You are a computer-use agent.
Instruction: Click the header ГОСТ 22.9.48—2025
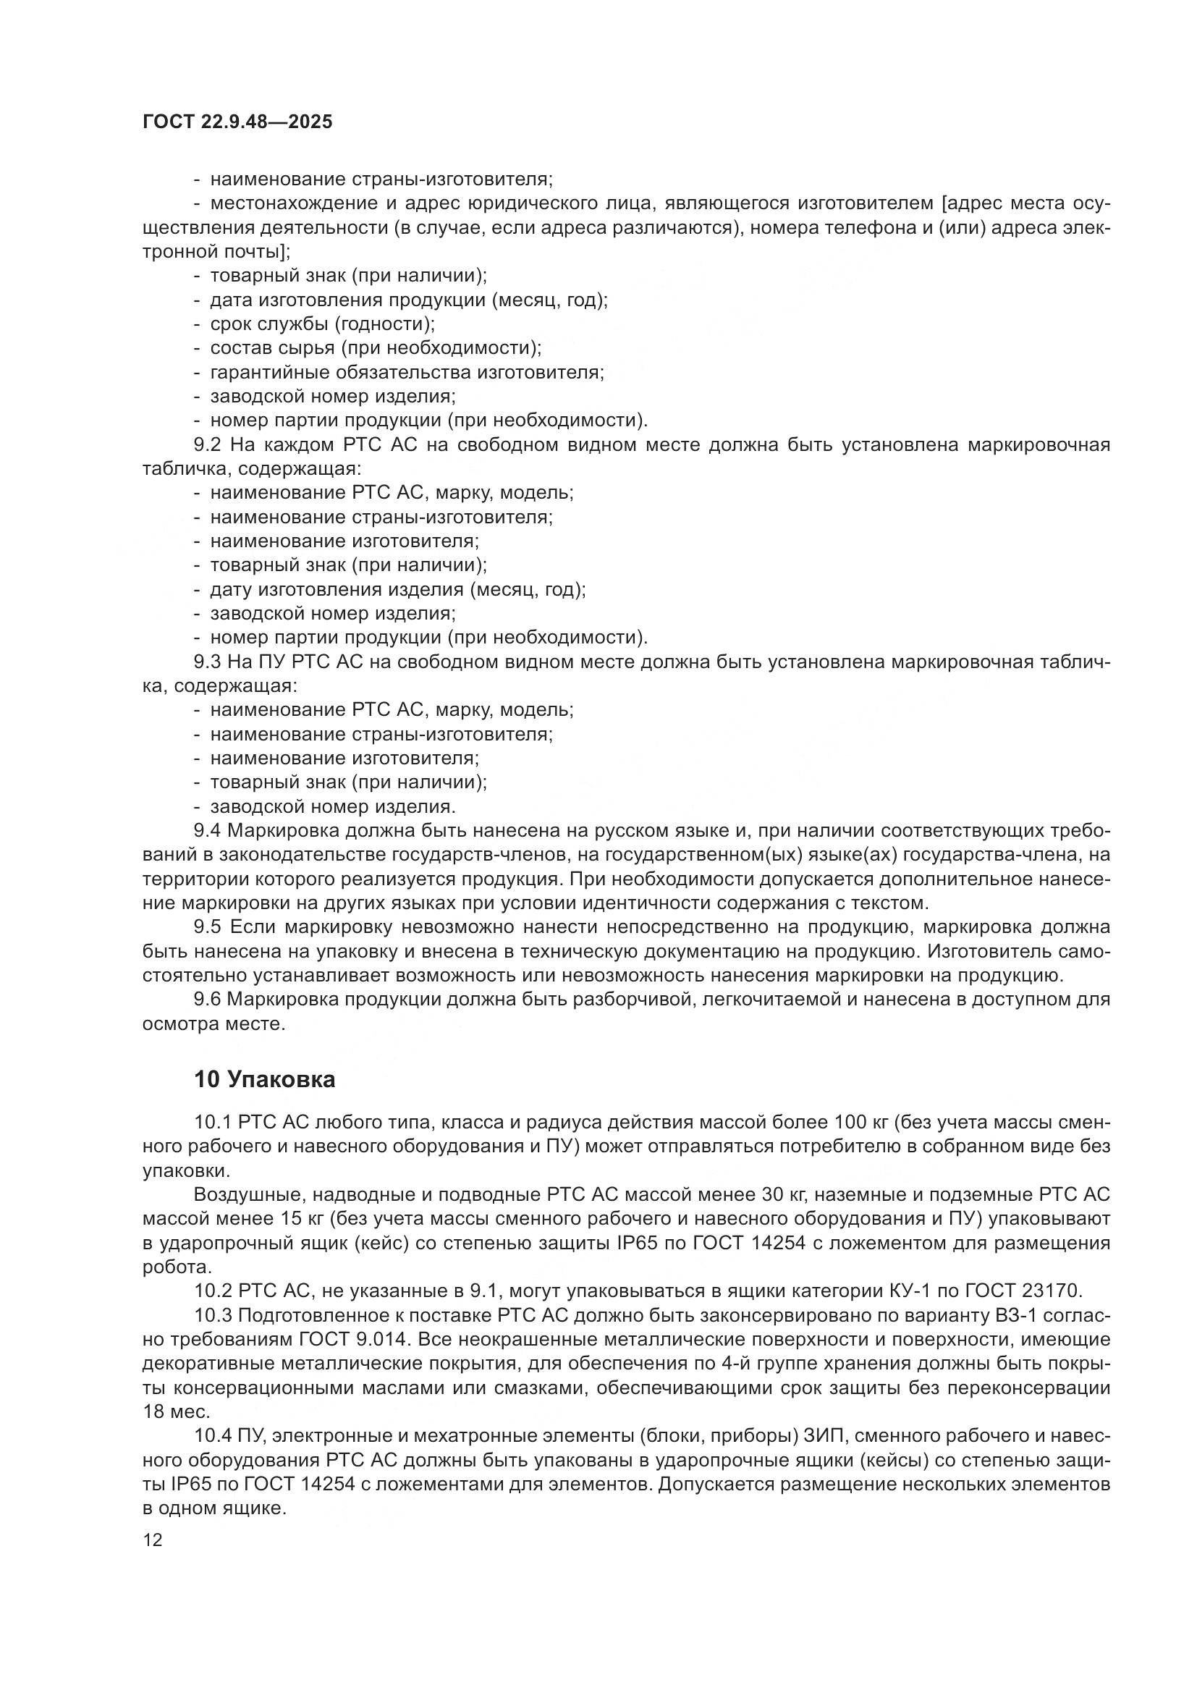(x=237, y=122)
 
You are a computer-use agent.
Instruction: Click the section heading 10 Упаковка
(x=265, y=1079)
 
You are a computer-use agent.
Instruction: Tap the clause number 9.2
(x=209, y=444)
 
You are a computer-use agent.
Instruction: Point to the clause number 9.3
(x=209, y=662)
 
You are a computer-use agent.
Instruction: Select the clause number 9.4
(x=209, y=831)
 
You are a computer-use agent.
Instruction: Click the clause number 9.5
(x=209, y=928)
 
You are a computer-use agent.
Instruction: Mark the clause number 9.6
(x=209, y=1000)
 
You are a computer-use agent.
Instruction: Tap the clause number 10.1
(x=213, y=1123)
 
